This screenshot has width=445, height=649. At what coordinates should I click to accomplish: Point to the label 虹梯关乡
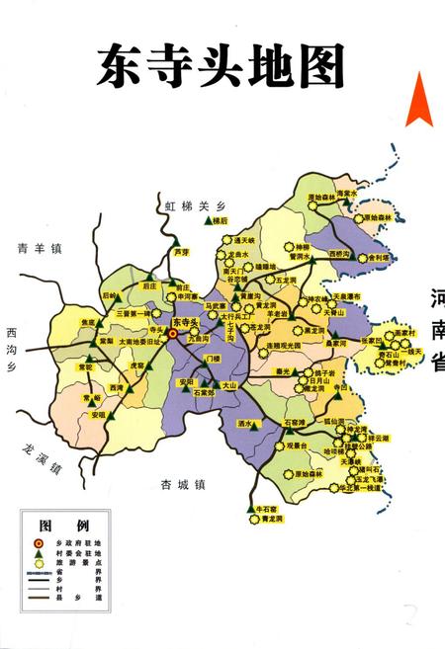point(190,205)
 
